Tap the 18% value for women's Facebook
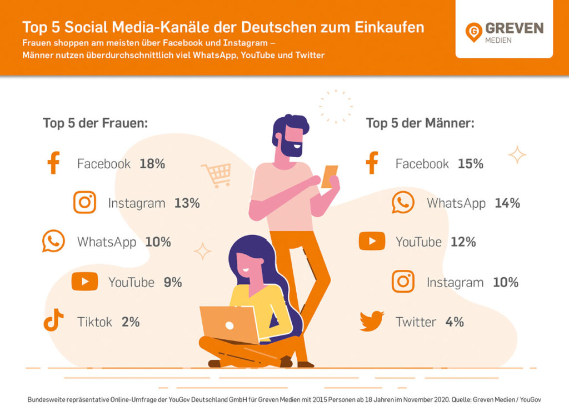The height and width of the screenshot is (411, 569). click(152, 164)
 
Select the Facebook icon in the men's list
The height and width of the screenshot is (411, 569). click(372, 163)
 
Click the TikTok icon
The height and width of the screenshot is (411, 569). click(53, 321)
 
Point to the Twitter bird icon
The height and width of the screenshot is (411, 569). click(372, 321)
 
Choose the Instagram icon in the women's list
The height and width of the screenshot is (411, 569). click(84, 203)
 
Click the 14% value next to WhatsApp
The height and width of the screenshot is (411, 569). click(507, 203)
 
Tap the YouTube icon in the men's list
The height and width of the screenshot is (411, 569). click(372, 242)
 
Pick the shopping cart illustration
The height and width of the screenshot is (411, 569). click(216, 175)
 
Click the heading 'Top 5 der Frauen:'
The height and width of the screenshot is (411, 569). click(96, 123)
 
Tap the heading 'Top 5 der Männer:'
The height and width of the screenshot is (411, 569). click(420, 123)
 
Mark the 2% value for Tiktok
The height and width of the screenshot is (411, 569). click(131, 322)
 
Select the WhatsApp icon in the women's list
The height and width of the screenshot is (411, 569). click(53, 242)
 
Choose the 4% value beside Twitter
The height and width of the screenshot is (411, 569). click(454, 322)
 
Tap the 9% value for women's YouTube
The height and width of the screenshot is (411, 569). click(173, 282)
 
